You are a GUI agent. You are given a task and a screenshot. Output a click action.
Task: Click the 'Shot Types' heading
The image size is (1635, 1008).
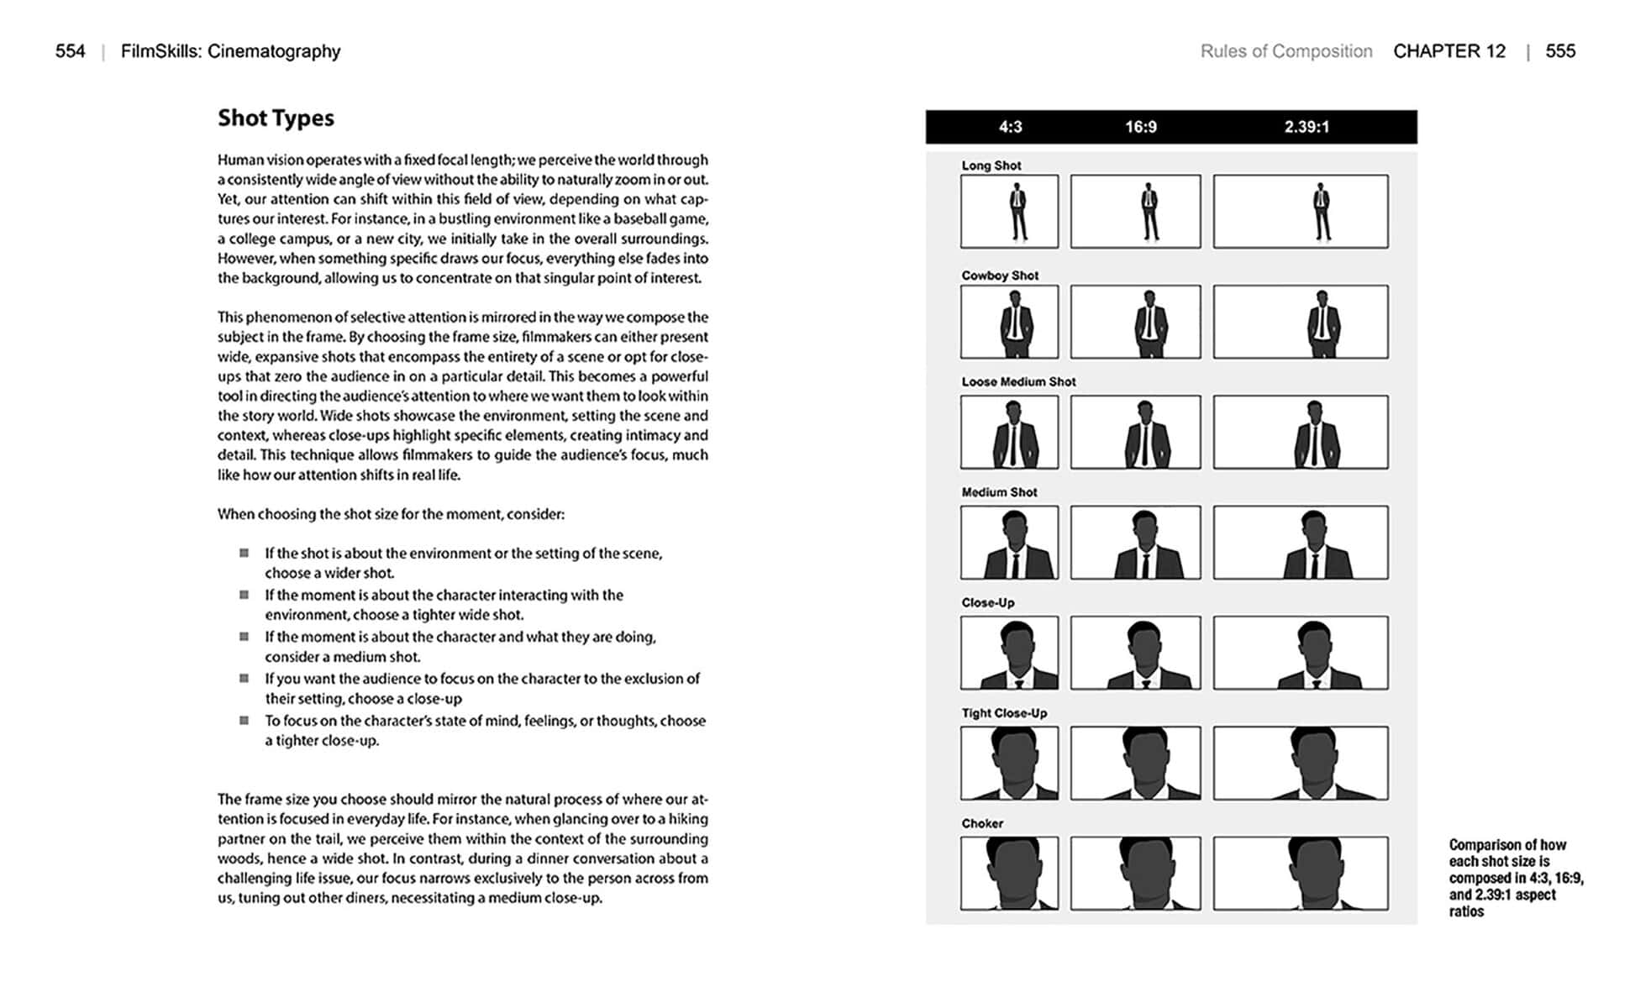(276, 118)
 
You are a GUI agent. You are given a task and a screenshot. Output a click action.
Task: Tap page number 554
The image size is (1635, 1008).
(71, 51)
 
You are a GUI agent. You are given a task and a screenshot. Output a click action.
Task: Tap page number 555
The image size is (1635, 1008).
(1559, 51)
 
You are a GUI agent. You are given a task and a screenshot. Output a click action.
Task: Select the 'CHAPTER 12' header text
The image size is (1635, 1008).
(1448, 51)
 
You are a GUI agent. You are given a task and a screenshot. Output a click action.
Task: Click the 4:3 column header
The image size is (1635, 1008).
(1010, 127)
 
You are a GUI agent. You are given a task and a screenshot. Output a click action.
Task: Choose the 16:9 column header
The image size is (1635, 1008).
(1140, 127)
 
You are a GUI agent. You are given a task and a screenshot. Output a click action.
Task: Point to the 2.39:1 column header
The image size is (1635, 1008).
(1306, 127)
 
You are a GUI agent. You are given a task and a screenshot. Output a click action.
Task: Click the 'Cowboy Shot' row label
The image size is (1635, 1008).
(1000, 276)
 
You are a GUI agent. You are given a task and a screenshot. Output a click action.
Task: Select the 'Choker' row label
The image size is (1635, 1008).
(982, 823)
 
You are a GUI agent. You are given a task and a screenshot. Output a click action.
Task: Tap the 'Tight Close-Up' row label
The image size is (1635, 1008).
(1004, 713)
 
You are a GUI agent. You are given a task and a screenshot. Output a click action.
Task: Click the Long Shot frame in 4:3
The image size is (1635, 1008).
(1009, 212)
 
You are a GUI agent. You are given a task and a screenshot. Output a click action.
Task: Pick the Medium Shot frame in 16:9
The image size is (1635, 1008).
(1135, 543)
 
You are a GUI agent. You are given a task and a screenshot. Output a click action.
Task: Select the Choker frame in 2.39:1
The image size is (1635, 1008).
(1300, 873)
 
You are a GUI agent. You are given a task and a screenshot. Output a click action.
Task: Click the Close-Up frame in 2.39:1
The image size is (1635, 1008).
(1300, 653)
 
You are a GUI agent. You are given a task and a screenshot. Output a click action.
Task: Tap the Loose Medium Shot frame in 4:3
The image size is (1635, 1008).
(1009, 432)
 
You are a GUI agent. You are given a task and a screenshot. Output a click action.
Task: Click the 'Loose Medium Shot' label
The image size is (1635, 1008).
(1018, 381)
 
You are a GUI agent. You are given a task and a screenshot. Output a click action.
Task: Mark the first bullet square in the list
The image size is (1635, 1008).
(244, 553)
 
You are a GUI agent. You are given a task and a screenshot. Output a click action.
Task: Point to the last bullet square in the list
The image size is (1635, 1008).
(244, 720)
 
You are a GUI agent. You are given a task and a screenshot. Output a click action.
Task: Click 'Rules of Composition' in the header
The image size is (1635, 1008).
(1285, 51)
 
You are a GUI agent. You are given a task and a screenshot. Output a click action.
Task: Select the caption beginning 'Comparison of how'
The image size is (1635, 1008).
(1515, 878)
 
